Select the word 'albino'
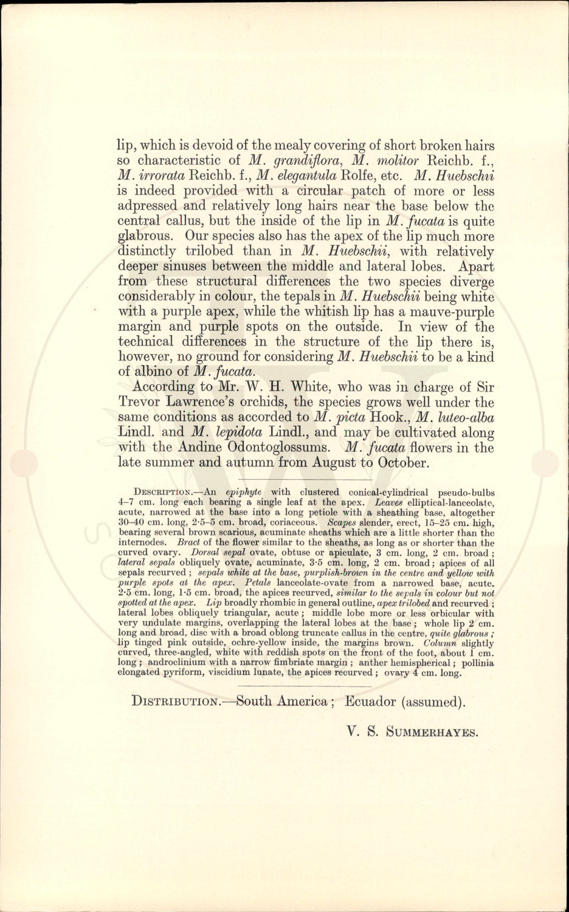(158, 371)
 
